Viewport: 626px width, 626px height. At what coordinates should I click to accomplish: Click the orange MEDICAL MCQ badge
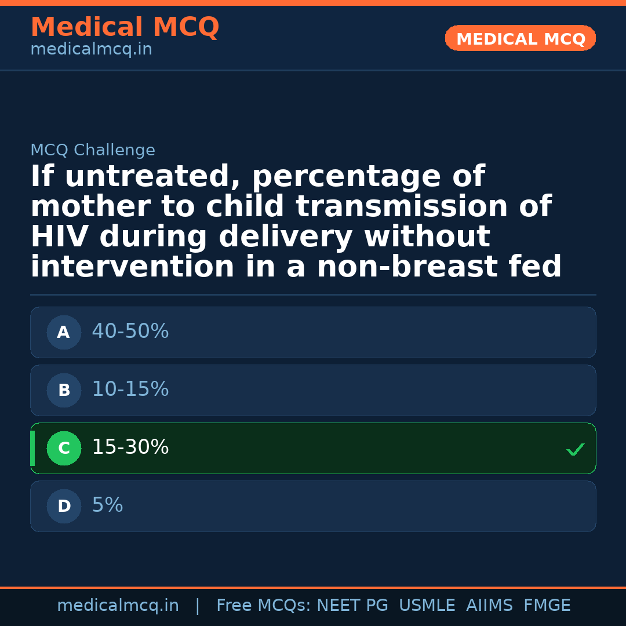click(520, 38)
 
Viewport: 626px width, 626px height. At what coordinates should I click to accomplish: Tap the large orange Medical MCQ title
click(125, 27)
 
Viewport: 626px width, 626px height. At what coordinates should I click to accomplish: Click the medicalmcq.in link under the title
click(91, 50)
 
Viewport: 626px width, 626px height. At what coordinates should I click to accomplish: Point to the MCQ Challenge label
click(93, 151)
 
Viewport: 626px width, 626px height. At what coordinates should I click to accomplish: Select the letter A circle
click(64, 332)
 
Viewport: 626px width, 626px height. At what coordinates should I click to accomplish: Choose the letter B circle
click(64, 390)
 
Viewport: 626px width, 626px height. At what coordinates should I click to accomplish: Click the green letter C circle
click(64, 448)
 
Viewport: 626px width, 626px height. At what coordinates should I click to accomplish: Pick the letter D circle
click(64, 506)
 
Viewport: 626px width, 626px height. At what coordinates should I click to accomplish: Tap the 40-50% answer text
click(130, 332)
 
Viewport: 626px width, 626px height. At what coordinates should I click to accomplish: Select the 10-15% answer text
click(130, 390)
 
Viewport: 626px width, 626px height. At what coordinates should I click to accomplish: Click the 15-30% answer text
click(130, 447)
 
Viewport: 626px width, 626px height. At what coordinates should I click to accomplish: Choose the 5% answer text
click(107, 505)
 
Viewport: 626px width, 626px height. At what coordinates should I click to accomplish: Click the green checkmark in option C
click(575, 449)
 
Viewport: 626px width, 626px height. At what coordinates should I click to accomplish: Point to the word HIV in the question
click(60, 237)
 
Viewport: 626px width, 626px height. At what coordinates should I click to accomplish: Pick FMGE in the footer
click(547, 606)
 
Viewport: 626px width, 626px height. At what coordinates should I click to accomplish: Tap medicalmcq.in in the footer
click(118, 606)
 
